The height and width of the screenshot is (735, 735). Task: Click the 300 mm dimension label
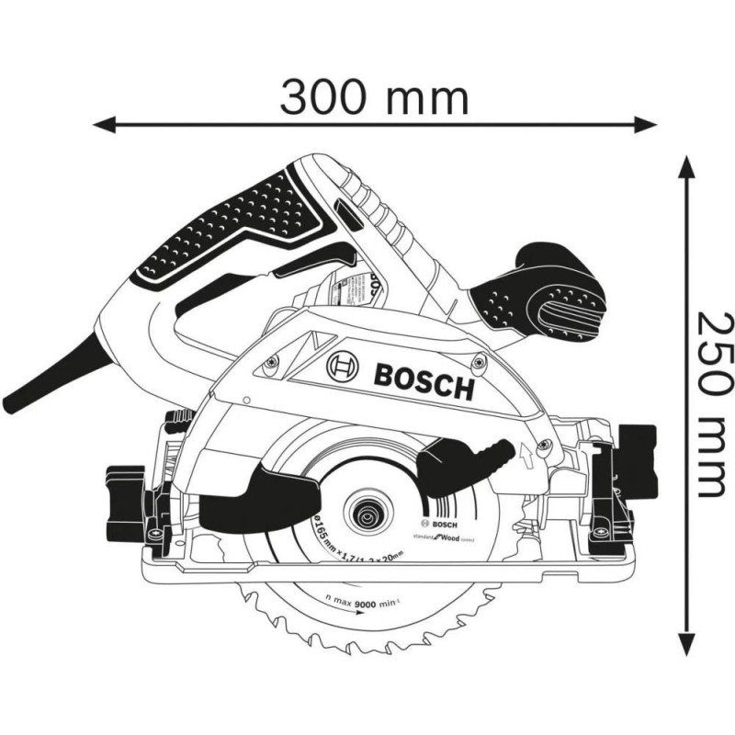click(x=374, y=96)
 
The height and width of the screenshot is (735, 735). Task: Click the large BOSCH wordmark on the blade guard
click(x=424, y=379)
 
